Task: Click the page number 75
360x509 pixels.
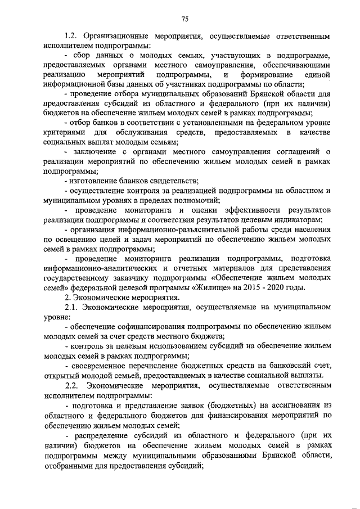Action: tap(185, 19)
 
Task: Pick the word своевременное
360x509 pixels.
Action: tap(99, 365)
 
